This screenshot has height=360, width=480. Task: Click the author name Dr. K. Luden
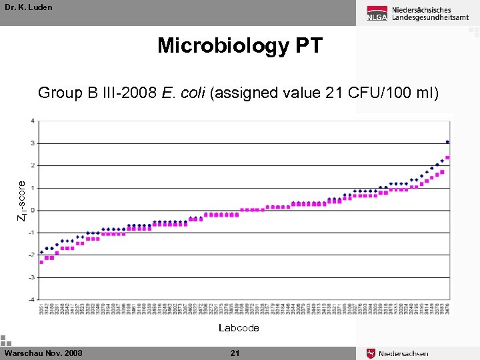(x=28, y=7)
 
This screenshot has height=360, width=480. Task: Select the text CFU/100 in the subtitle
(x=379, y=93)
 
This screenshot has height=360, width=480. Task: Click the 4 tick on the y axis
(x=33, y=121)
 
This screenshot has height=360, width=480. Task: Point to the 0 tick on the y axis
(x=33, y=210)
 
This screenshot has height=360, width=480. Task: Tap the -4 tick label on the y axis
(x=32, y=299)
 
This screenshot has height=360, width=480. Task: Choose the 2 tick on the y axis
(x=33, y=165)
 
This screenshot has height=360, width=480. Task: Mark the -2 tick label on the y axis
(x=32, y=255)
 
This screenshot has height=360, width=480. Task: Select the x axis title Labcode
(x=239, y=328)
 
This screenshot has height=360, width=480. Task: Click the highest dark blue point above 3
(x=447, y=142)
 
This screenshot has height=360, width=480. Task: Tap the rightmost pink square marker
(x=447, y=158)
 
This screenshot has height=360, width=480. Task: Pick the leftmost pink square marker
(x=41, y=262)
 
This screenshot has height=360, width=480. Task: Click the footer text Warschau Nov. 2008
(x=43, y=353)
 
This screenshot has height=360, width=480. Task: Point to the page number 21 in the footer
(x=235, y=353)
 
